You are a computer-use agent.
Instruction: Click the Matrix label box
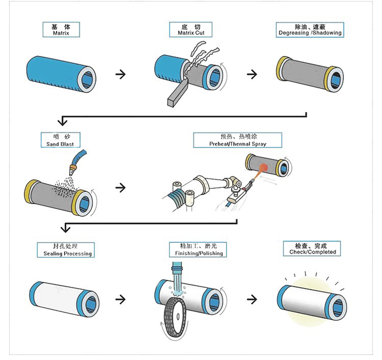[60, 30]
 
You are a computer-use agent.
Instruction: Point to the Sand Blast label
[60, 140]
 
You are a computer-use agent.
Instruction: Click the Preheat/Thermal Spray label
[237, 140]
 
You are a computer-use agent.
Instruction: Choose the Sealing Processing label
[65, 249]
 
